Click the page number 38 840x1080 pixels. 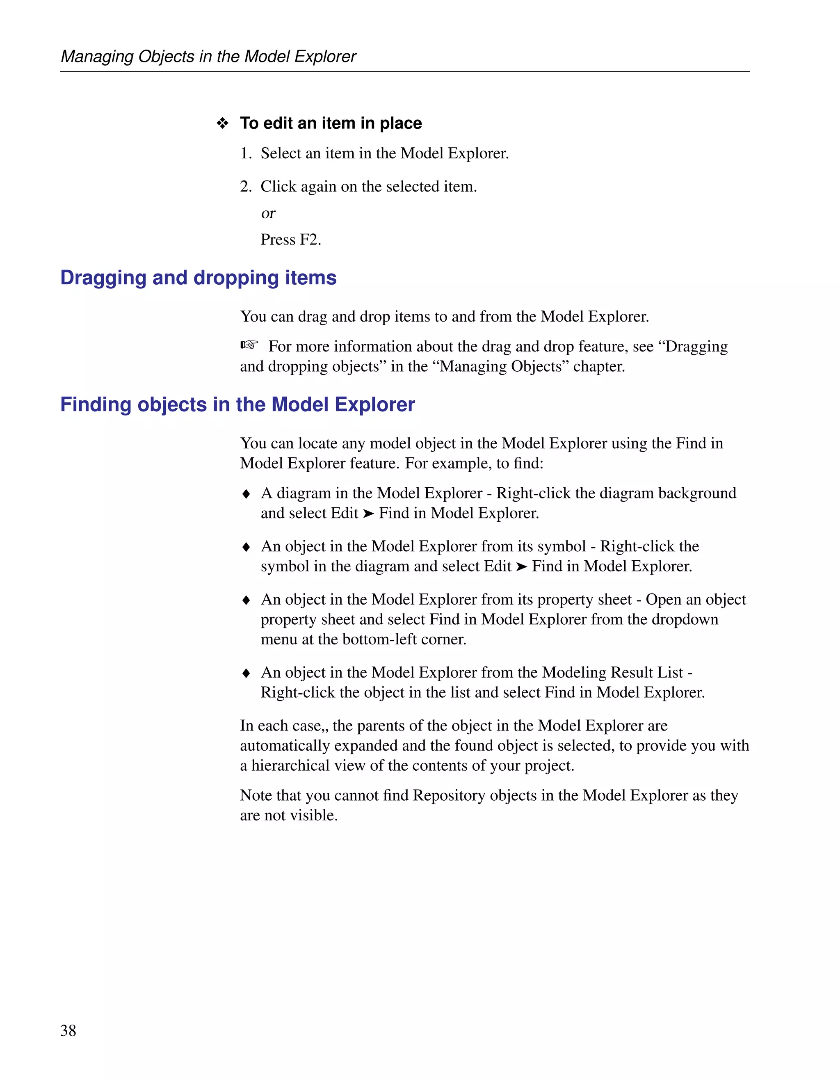click(68, 1030)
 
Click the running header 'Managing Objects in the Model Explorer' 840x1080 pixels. click(208, 56)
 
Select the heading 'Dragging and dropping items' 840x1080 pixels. click(198, 278)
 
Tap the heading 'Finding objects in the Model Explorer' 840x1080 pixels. click(237, 404)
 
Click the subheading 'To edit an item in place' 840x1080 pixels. click(331, 123)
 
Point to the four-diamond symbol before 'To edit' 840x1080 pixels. click(222, 123)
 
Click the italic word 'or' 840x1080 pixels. click(268, 214)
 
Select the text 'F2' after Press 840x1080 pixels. click(310, 240)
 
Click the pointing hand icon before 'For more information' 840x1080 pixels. click(250, 345)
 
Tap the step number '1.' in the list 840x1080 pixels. click(246, 154)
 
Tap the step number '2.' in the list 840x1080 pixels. click(246, 187)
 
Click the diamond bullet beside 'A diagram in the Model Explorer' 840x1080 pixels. click(246, 494)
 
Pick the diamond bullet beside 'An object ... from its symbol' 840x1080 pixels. click(246, 547)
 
